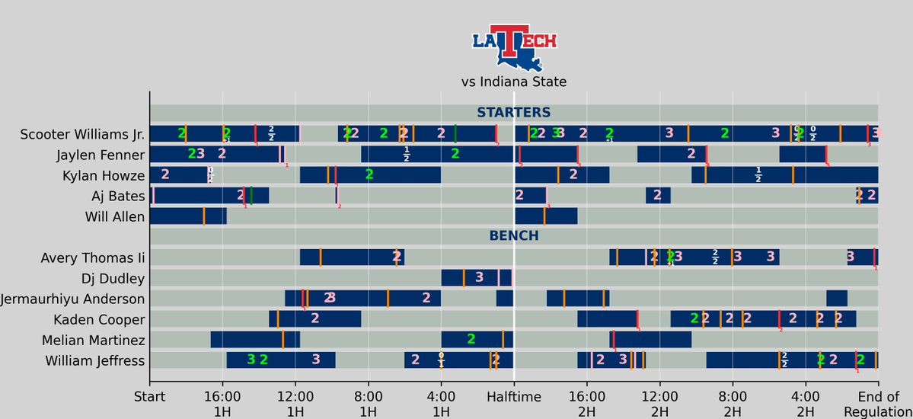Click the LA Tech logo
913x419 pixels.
[x=514, y=47]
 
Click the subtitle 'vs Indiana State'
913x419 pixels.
[x=514, y=82]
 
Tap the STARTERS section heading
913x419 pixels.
[x=514, y=113]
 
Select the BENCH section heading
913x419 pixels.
[x=514, y=236]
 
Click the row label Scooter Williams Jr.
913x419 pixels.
[x=82, y=134]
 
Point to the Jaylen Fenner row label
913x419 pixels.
[x=101, y=155]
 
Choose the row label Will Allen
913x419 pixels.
[x=115, y=217]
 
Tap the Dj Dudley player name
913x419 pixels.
[x=113, y=278]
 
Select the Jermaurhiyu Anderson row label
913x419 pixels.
[x=73, y=299]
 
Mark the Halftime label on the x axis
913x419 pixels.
[x=514, y=397]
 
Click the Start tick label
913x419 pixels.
[x=149, y=397]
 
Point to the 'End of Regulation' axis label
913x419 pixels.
[x=878, y=404]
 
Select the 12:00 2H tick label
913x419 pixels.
[x=659, y=404]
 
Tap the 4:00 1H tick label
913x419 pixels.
[x=441, y=404]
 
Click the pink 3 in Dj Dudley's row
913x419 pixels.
[x=479, y=277]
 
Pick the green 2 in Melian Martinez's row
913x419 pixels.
[x=471, y=339]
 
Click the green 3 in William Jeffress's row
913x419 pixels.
[x=251, y=360]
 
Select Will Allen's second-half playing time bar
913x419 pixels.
[x=546, y=216]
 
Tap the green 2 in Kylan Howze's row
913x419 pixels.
[x=369, y=174]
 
